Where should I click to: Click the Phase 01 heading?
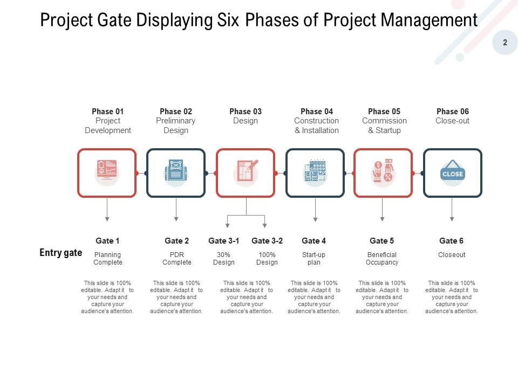coord(107,112)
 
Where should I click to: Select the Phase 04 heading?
coord(317,112)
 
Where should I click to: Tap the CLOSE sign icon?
coord(452,173)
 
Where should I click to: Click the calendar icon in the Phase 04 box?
coord(315,173)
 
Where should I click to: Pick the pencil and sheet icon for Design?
coord(246,172)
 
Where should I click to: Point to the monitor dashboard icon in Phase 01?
coord(107,172)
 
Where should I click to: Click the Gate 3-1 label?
coord(224,241)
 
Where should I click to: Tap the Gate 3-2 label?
coord(267,241)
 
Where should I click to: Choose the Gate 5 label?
coord(382,241)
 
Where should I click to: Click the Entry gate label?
coord(61,253)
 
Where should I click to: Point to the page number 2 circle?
coord(505,43)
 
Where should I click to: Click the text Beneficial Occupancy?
coord(382,259)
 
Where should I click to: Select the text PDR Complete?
coord(177,259)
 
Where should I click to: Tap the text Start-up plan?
coord(314,259)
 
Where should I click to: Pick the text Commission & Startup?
coord(384,126)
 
